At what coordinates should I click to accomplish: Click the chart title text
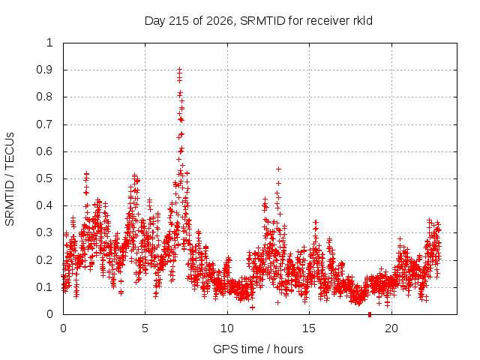(x=258, y=21)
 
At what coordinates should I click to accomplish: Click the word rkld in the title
(x=361, y=21)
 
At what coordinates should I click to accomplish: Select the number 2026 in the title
(x=220, y=21)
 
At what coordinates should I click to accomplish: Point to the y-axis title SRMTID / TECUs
(x=10, y=179)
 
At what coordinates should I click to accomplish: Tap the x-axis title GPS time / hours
(x=258, y=349)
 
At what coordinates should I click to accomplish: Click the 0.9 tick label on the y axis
(x=44, y=70)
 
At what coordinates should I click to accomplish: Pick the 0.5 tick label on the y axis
(x=44, y=178)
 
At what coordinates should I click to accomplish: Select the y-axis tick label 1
(x=49, y=43)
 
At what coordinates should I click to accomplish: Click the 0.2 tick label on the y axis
(x=44, y=260)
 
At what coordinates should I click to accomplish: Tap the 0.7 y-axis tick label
(x=44, y=124)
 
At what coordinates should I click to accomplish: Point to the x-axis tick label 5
(x=145, y=328)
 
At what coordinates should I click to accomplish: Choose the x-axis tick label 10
(x=227, y=328)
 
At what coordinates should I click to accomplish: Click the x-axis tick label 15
(x=309, y=328)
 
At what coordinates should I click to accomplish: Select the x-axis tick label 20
(x=391, y=328)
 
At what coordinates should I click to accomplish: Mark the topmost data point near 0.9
(x=180, y=70)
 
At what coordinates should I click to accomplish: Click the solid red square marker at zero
(x=370, y=314)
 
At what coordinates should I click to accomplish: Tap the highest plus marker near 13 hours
(x=278, y=169)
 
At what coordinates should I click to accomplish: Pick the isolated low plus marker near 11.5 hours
(x=252, y=307)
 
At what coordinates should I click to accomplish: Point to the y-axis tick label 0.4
(x=44, y=205)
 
